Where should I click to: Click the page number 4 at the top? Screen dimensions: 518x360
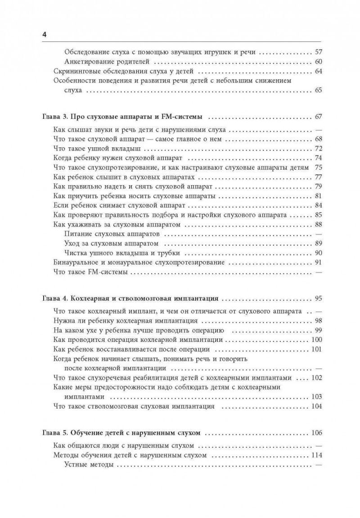pos(45,35)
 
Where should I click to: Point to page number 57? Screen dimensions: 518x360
pos(319,52)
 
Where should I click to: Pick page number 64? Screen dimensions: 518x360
pos(319,72)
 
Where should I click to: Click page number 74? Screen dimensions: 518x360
pos(319,158)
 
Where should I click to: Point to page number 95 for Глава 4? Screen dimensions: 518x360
pos(319,298)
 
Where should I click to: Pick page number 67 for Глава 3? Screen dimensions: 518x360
pos(319,117)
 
